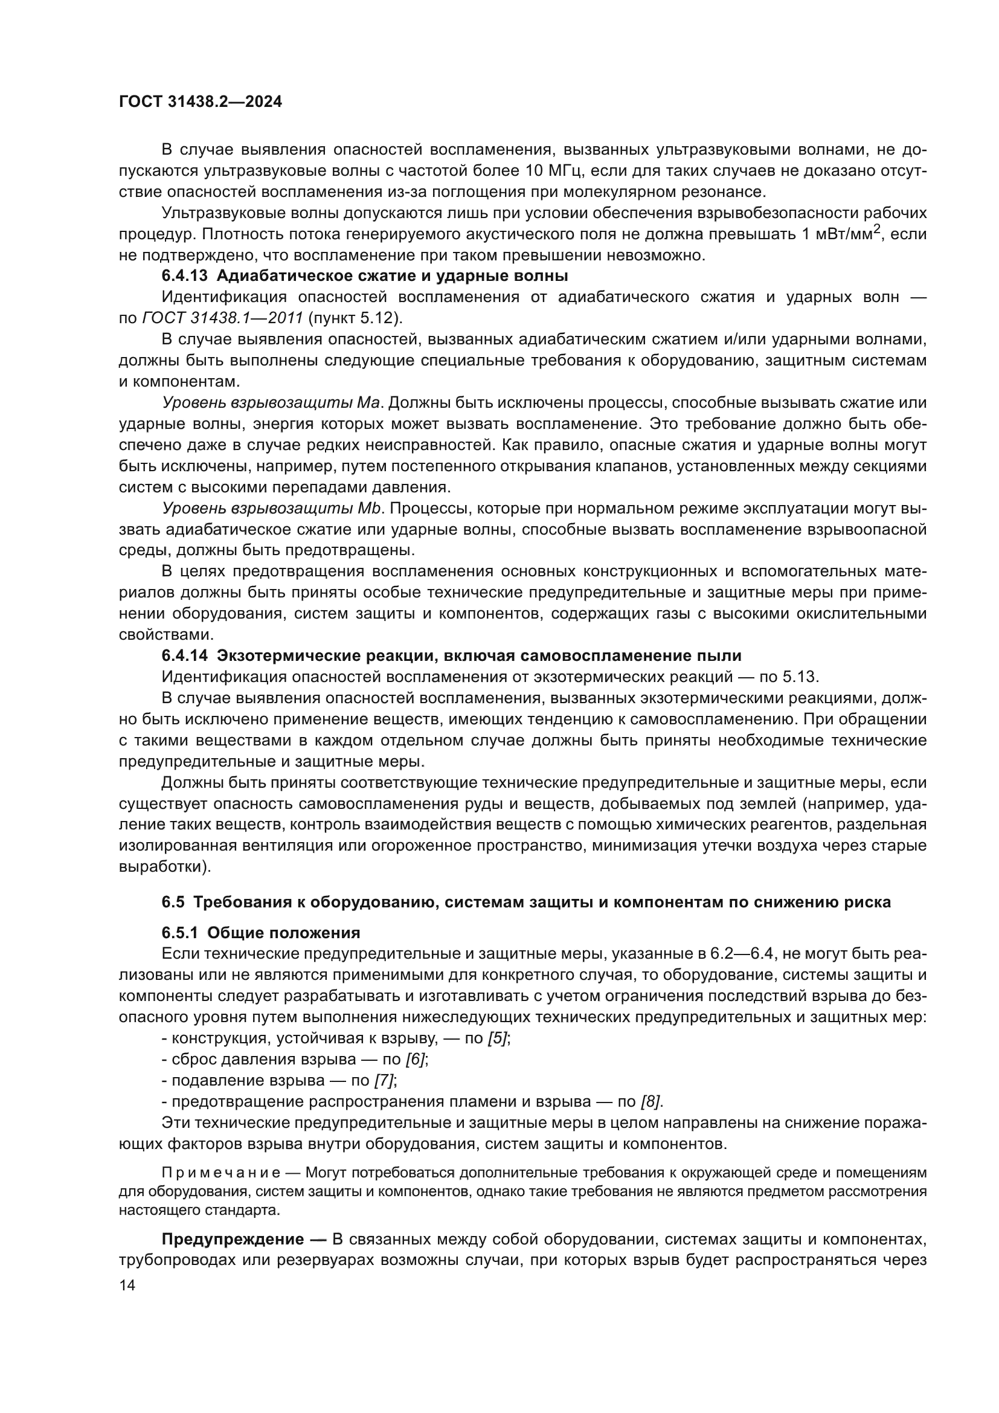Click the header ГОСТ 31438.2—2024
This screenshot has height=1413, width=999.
(200, 102)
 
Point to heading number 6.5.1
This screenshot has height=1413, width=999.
(179, 932)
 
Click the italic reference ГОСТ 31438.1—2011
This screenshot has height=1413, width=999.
(222, 318)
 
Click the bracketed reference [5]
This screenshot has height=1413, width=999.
(498, 1038)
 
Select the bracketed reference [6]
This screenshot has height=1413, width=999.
(416, 1059)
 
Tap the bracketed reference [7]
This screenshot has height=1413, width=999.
(385, 1080)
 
